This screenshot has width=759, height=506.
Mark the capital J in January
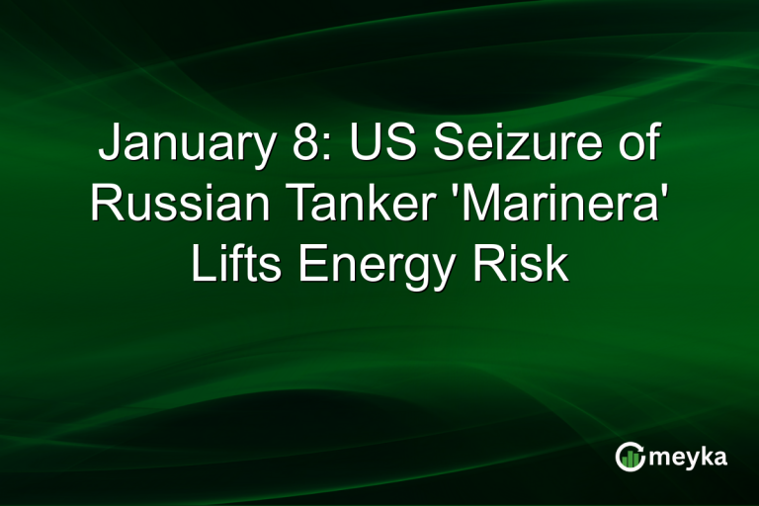click(107, 148)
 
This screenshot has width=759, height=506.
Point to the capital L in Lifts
click(201, 264)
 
